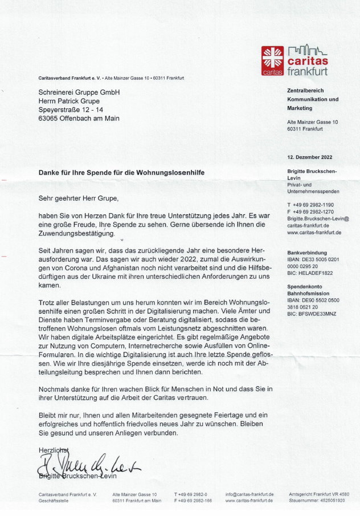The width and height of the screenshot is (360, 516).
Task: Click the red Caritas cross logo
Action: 272,60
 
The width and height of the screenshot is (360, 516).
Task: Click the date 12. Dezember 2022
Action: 309,157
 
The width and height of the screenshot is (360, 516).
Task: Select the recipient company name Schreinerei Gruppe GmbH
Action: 79,92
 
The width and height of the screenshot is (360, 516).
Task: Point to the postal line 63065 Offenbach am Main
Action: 79,118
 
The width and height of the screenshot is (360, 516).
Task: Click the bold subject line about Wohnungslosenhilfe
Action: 121,172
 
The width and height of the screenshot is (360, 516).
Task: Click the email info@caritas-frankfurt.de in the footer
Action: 249,494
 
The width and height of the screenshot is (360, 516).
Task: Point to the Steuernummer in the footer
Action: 317,501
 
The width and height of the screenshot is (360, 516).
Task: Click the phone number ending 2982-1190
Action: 310,204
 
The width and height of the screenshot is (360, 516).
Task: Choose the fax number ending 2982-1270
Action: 310,212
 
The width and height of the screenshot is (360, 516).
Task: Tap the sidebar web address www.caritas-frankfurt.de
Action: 314,233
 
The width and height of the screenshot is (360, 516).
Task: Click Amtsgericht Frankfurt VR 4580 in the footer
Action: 319,494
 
